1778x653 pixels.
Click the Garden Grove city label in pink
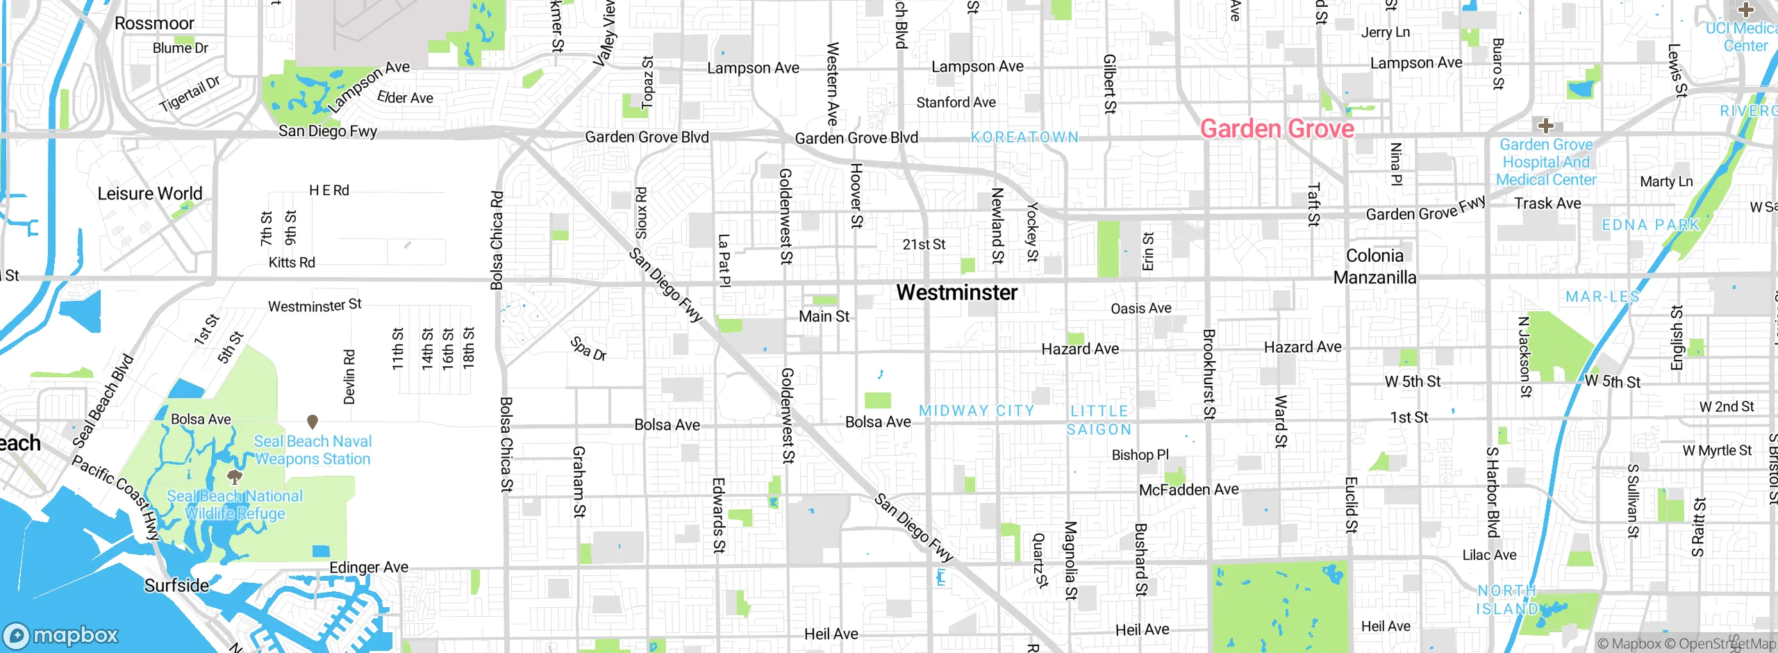[x=1277, y=129]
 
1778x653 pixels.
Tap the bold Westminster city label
[x=956, y=292]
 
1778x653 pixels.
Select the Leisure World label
[x=149, y=193]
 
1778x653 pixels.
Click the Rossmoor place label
[x=154, y=23]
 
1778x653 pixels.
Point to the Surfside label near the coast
[x=176, y=586]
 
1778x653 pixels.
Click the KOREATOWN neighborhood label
[x=1024, y=138]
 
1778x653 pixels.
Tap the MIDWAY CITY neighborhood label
[x=977, y=411]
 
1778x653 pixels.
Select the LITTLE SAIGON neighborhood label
[x=1099, y=420]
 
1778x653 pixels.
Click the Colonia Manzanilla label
[x=1374, y=267]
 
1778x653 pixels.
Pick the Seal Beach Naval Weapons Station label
[x=313, y=450]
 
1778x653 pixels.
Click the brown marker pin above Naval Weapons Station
[x=313, y=421]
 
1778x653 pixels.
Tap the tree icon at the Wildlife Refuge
[x=235, y=477]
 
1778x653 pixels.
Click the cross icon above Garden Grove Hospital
[x=1545, y=126]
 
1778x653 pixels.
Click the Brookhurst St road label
[x=1208, y=375]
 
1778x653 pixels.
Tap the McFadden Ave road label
[x=1188, y=490]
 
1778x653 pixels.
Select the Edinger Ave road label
[x=369, y=568]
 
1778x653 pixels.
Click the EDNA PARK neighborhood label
[x=1650, y=225]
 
